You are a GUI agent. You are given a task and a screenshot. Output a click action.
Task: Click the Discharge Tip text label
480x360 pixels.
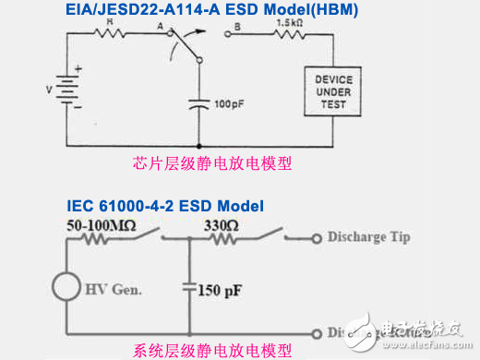click(369, 237)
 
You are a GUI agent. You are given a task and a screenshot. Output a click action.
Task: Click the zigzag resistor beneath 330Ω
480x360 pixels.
click(221, 237)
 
